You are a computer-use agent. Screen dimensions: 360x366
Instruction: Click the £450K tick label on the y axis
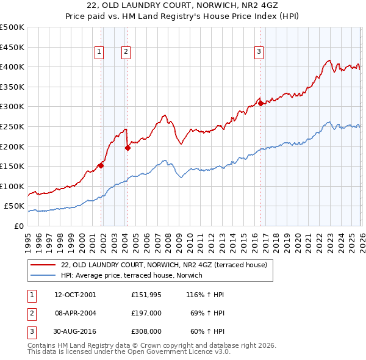click(12, 47)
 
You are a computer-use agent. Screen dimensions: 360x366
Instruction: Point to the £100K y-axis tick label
click(12, 186)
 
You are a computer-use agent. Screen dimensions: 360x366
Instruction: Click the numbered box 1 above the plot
click(99, 52)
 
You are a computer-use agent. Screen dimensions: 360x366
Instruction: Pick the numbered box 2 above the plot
click(125, 52)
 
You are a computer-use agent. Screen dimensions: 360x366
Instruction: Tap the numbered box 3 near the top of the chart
click(259, 52)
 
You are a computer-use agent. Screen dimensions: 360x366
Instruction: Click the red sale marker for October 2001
click(101, 165)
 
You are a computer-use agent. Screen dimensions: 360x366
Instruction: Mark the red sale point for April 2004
click(127, 147)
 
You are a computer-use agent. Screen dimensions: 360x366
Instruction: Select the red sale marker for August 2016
click(261, 103)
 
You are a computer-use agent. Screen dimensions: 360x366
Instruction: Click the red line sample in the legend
click(43, 265)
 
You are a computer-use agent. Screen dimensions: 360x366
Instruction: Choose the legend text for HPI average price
click(131, 276)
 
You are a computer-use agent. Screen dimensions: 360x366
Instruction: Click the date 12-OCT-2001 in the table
click(75, 295)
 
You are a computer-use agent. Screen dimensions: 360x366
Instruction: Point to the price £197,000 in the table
click(146, 313)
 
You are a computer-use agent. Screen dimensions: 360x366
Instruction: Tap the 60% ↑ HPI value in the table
click(204, 331)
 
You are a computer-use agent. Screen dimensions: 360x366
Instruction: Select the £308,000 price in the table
click(146, 331)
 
